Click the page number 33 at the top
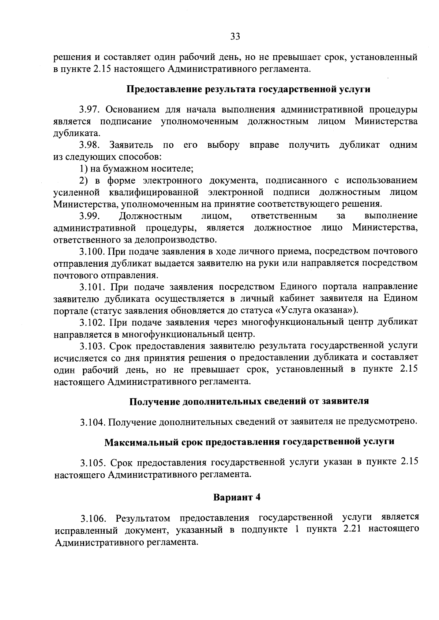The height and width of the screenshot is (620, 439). click(235, 36)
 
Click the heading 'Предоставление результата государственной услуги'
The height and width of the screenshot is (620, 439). click(248, 89)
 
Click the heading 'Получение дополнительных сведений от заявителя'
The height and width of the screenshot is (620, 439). click(249, 401)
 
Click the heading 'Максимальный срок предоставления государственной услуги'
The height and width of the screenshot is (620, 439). click(249, 442)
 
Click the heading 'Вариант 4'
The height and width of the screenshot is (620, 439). click(237, 498)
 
